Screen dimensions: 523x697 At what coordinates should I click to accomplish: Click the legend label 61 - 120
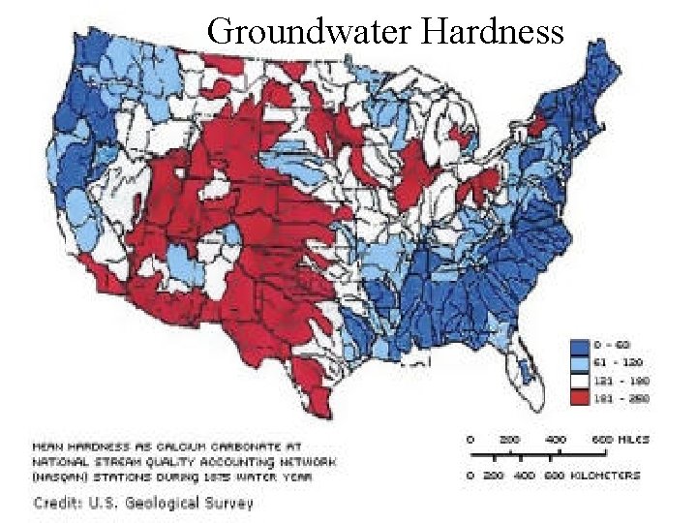pos(621,361)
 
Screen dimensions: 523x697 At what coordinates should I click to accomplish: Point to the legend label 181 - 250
pos(621,396)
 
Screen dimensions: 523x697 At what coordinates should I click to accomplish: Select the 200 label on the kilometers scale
pos(495,475)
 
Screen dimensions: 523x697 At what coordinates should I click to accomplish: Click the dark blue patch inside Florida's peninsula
pos(527,369)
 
